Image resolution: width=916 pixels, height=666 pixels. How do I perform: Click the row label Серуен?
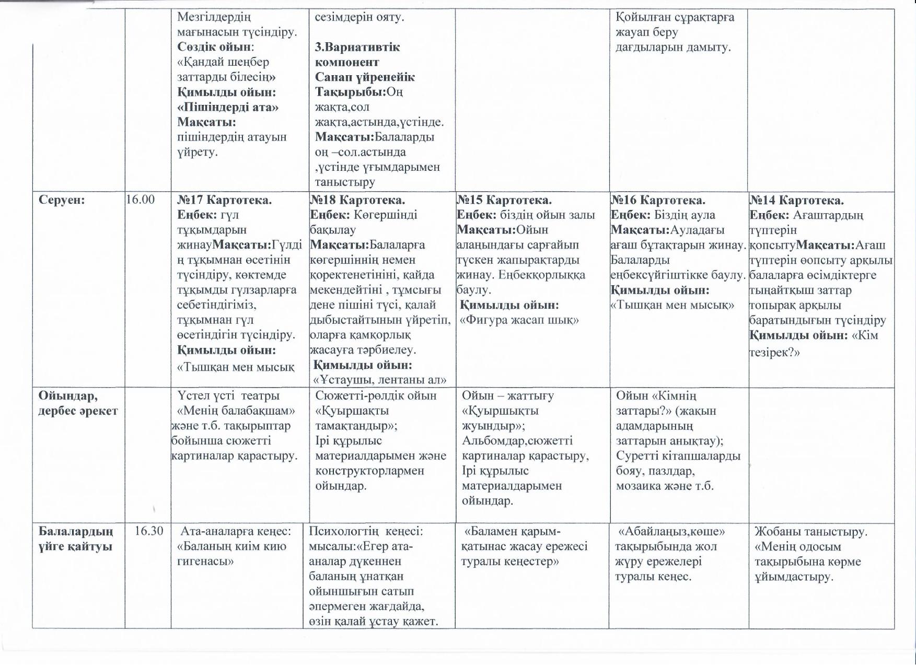tap(62, 200)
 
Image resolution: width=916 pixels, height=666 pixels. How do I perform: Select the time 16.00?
tap(141, 200)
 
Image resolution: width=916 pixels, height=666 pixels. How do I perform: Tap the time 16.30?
tap(149, 531)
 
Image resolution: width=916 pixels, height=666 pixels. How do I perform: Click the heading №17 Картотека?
tap(225, 200)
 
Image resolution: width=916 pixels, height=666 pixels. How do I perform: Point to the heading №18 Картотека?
tap(357, 200)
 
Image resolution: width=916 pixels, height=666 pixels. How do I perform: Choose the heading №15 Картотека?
tap(504, 200)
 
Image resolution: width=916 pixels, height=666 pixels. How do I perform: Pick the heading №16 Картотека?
tap(658, 200)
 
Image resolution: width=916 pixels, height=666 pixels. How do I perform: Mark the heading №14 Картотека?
tap(797, 201)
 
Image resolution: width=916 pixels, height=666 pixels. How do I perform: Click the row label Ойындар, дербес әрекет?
tap(77, 403)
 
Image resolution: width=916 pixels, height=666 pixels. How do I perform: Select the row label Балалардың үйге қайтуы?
tap(76, 539)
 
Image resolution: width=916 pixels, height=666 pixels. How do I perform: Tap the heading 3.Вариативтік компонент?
tap(357, 54)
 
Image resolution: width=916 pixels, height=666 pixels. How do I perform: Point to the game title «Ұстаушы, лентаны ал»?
tap(380, 380)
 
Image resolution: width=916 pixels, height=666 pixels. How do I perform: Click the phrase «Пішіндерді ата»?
tap(228, 107)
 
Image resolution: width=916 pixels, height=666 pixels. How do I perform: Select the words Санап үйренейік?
tap(365, 77)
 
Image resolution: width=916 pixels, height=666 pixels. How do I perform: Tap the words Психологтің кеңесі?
tap(366, 532)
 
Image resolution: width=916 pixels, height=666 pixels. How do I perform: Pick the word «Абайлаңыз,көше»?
tap(671, 532)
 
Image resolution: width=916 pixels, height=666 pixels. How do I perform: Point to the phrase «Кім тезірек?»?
tap(814, 344)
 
